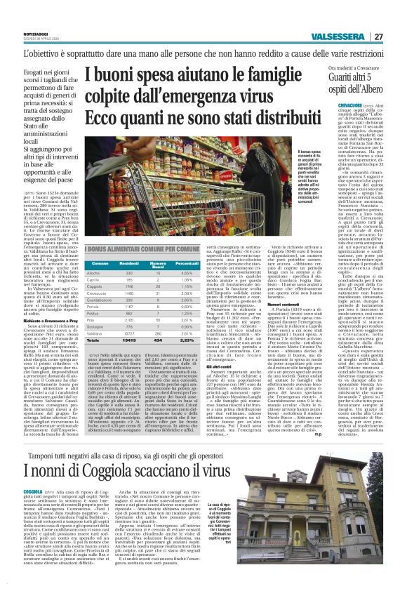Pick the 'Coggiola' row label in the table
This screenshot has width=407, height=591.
(95, 286)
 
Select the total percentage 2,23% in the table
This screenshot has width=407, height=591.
(185, 340)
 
